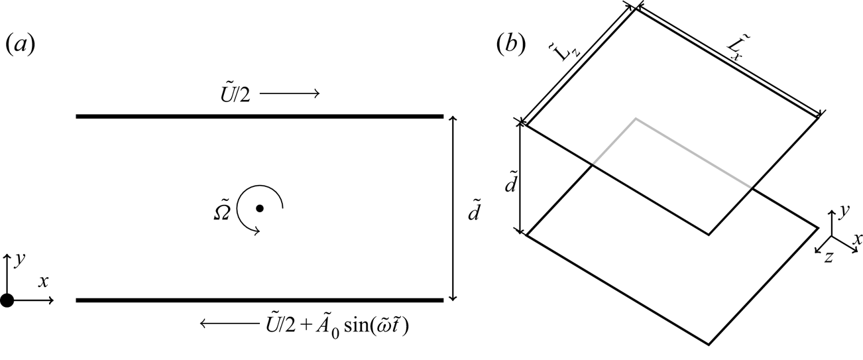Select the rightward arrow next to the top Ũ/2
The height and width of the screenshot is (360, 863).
point(290,94)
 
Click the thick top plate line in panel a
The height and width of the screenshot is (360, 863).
point(259,117)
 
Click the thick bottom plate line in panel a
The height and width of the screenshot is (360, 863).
point(259,300)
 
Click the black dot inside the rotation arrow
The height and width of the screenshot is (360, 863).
point(260,208)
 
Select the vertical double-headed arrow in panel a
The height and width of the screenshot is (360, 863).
point(453,208)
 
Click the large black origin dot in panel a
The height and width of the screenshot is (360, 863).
point(7,300)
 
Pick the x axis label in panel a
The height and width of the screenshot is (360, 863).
point(44,282)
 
